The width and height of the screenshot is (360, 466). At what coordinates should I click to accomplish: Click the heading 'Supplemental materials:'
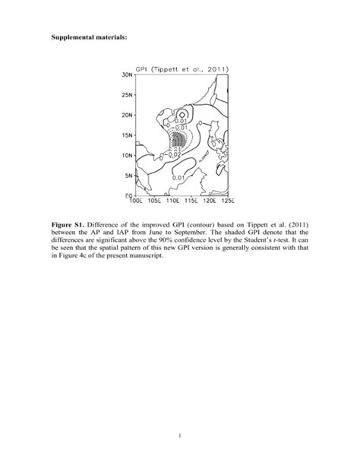coord(89,36)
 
